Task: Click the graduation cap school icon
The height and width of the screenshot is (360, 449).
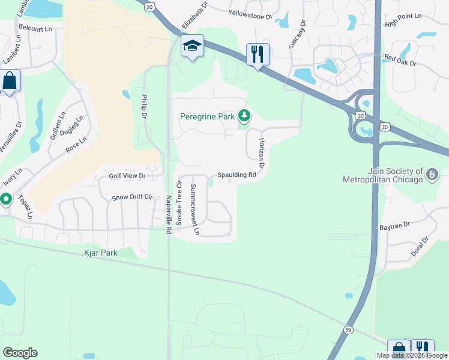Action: click(x=193, y=46)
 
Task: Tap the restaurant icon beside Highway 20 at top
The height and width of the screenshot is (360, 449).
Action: click(x=258, y=55)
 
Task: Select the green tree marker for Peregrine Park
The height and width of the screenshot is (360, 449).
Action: click(x=244, y=115)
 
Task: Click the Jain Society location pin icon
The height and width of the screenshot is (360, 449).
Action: click(x=432, y=174)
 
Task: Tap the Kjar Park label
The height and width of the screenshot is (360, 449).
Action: click(x=101, y=253)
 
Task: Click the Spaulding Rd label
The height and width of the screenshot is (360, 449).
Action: click(x=237, y=175)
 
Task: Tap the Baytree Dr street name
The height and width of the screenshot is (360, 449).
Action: click(x=394, y=226)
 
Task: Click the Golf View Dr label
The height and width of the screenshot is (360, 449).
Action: click(x=127, y=176)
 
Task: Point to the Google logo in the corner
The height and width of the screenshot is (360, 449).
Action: click(x=20, y=353)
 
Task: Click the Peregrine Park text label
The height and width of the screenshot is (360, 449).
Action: click(x=207, y=116)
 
